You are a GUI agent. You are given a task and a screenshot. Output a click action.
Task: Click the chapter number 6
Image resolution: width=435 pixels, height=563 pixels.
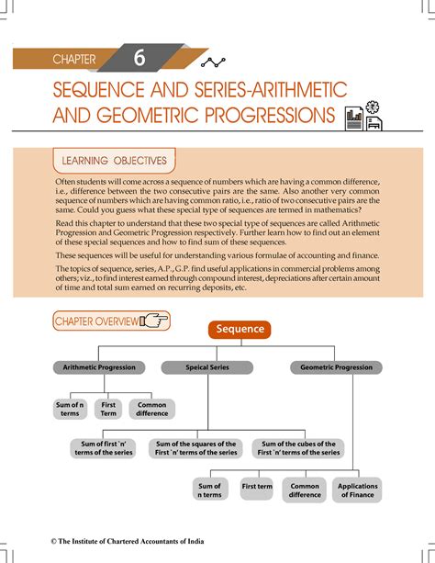click(x=139, y=59)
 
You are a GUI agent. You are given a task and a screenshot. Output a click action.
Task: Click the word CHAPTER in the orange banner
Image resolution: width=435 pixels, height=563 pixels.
click(x=74, y=61)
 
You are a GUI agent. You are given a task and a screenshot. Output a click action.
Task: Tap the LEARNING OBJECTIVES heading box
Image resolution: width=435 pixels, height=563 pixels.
click(x=114, y=161)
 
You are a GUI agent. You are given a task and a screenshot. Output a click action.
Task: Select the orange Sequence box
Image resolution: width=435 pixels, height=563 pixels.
click(x=240, y=329)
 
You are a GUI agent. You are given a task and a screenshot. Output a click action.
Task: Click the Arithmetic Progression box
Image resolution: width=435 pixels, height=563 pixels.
click(x=99, y=367)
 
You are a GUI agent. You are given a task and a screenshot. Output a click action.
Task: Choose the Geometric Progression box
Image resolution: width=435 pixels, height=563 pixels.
click(x=337, y=367)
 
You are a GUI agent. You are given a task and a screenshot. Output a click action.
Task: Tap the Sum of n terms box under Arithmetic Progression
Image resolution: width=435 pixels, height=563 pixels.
click(x=70, y=409)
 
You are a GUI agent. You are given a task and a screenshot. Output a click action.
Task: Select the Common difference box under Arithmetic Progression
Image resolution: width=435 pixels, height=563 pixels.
click(x=152, y=409)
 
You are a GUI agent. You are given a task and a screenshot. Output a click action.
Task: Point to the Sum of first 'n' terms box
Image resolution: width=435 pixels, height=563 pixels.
click(x=104, y=448)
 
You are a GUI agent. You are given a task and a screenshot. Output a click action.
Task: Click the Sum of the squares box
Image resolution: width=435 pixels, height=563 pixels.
click(x=195, y=448)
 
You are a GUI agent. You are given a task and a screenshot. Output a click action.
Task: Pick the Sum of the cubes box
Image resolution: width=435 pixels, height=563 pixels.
click(x=298, y=448)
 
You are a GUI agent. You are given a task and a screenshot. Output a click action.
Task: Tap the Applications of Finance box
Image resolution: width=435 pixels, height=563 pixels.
click(x=357, y=490)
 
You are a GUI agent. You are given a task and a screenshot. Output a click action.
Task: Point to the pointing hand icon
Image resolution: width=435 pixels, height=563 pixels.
click(x=155, y=321)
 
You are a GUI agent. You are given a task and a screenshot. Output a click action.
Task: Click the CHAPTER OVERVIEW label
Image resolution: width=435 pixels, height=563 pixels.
click(x=96, y=321)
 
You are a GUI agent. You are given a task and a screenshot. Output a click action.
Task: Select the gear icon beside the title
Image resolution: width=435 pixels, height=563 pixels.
click(x=372, y=107)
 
